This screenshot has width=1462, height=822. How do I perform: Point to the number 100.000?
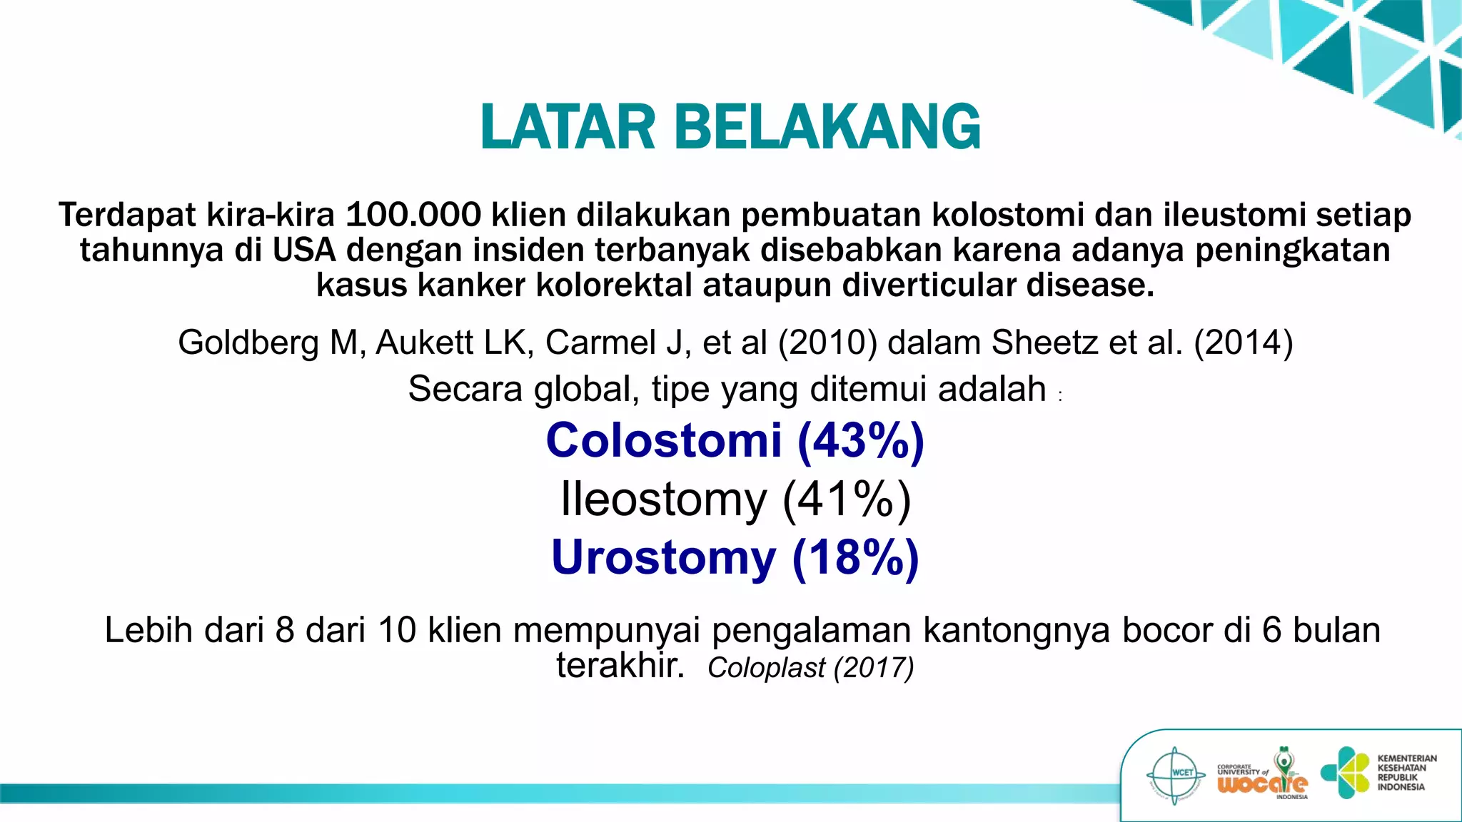413,215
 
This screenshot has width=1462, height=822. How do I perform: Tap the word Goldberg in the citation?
248,342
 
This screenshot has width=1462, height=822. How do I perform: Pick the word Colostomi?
663,440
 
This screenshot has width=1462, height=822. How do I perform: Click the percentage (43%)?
860,440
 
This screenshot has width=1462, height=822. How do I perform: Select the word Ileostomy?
663,499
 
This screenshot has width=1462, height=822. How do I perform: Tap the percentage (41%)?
847,499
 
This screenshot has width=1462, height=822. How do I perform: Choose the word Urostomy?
663,557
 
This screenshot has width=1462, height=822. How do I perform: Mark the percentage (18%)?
855,557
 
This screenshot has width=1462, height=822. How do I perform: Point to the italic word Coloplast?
765,668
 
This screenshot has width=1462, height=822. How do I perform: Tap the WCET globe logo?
1175,773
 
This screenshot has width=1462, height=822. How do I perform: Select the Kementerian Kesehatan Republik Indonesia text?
1406,773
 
